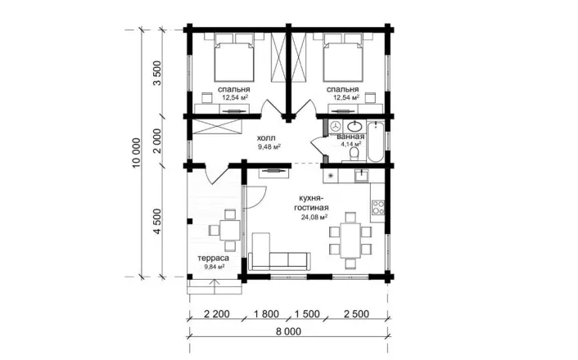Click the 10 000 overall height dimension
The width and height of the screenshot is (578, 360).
pos(136,153)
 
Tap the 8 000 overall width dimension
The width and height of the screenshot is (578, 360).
pos(288,331)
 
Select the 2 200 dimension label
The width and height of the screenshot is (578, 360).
pos(216,314)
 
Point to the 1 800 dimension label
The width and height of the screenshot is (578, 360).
pos(266,314)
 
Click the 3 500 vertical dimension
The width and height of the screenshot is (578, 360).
pos(157,73)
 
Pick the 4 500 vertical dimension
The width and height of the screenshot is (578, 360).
pos(157,222)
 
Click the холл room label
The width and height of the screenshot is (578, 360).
pos(266,138)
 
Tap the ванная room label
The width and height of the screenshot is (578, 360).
pos(350,137)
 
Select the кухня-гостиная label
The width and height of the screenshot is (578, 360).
pos(311,203)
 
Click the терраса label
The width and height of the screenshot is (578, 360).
pos(213,258)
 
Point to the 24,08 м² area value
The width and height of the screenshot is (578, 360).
pos(314,217)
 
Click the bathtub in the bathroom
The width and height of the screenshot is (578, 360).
pos(376,142)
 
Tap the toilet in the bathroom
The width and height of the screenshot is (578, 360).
pos(354,154)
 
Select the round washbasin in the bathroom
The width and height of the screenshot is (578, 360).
pos(355,126)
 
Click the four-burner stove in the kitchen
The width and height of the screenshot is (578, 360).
pos(378,208)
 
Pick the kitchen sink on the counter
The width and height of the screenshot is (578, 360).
pos(362,176)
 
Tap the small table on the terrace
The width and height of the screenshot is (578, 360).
pos(230,230)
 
